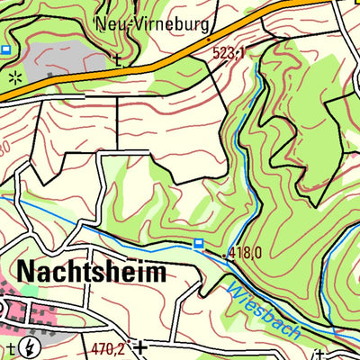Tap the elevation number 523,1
pyautogui.click(x=229, y=55)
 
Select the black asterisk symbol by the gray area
pyautogui.click(x=13, y=79)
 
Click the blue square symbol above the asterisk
pyautogui.click(x=6, y=49)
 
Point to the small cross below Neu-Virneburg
pyautogui.click(x=117, y=60)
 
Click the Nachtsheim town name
pyautogui.click(x=90, y=273)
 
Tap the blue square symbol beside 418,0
pyautogui.click(x=198, y=243)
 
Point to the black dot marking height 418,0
pyautogui.click(x=224, y=254)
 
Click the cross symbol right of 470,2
pyautogui.click(x=140, y=344)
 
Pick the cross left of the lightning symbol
pyautogui.click(x=10, y=346)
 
